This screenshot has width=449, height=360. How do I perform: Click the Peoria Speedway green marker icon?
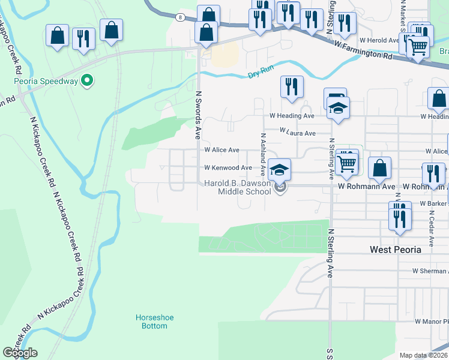pos(86,80)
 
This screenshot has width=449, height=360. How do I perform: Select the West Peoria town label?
pos(395,250)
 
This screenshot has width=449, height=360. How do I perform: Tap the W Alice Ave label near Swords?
pos(221,150)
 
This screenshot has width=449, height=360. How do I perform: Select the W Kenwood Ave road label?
pos(228,168)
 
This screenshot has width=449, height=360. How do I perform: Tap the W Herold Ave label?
pos(379,40)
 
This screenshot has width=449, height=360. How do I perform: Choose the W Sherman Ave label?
pos(430,271)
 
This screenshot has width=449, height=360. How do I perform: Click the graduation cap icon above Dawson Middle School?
pos(279,169)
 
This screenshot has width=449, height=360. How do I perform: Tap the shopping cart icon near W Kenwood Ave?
pos(346,162)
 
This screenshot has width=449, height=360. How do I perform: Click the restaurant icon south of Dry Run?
pos(291,86)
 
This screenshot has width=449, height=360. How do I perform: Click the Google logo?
pos(20,352)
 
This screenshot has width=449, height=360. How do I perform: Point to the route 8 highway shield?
pos(180,17)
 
